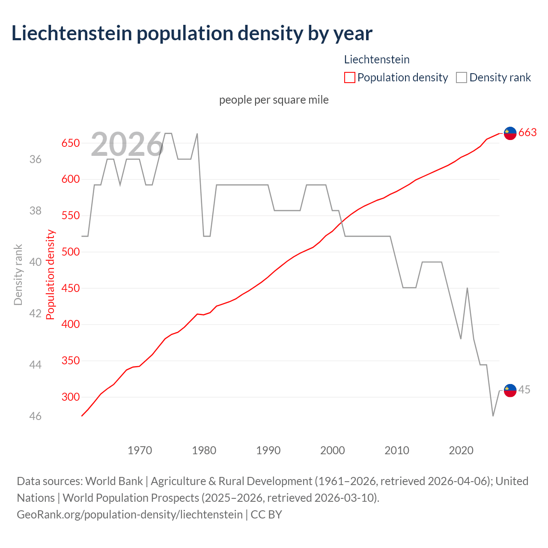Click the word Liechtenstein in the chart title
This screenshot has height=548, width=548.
[x=71, y=33]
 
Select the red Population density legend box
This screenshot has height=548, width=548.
[x=350, y=77]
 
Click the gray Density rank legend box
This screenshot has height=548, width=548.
[x=462, y=77]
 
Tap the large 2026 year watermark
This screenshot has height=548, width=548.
[x=127, y=145]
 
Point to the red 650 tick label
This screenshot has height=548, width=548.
[x=71, y=143]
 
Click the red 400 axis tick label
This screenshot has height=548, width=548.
[x=71, y=325]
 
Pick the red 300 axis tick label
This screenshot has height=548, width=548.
[x=71, y=397]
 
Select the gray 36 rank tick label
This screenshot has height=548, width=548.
[x=36, y=159]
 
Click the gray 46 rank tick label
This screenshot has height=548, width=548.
[x=36, y=416]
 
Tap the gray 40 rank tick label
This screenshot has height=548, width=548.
[x=36, y=262]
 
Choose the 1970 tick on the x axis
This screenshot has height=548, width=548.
[x=140, y=450]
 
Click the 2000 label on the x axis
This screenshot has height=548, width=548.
[x=332, y=450]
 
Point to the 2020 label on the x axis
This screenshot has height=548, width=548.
[x=461, y=450]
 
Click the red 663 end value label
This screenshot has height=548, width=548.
[x=527, y=133]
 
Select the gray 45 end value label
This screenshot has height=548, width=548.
[x=524, y=390]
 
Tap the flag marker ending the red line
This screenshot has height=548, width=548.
[x=510, y=133]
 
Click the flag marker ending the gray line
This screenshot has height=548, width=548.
[x=510, y=390]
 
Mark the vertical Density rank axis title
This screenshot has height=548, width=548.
[x=18, y=275]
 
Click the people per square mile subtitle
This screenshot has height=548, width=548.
[x=274, y=100]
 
